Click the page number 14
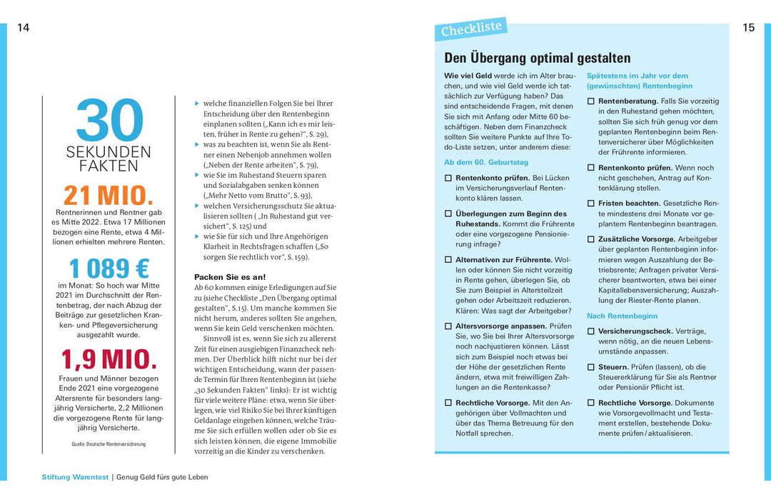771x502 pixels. [x=24, y=28]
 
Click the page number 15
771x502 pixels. [x=748, y=28]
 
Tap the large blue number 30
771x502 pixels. [x=109, y=120]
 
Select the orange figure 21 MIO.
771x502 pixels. [x=109, y=195]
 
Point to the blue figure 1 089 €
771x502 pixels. [x=109, y=268]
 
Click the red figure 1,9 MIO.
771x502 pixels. [x=109, y=359]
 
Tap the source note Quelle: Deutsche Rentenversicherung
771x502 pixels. [x=109, y=444]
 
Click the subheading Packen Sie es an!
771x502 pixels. [x=230, y=276]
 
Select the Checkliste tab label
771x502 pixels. [x=471, y=29]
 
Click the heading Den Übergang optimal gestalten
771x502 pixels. [x=537, y=58]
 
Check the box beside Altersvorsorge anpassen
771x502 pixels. [x=448, y=326]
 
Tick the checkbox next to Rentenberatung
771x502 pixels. [x=590, y=101]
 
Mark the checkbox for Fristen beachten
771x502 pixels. [x=590, y=204]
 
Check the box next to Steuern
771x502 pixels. [x=590, y=367]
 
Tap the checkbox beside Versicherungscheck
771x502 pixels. [x=590, y=331]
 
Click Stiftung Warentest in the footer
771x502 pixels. [x=75, y=477]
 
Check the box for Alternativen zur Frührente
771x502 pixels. [x=448, y=260]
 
